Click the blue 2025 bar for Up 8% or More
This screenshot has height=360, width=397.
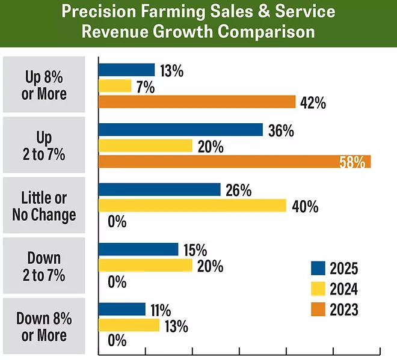tap(126, 70)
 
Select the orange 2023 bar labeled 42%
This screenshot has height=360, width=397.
tap(197, 102)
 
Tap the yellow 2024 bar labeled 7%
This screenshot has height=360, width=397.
tap(114, 86)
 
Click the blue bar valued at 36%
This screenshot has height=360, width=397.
tap(180, 130)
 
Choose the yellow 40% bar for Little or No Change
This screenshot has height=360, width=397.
tap(192, 206)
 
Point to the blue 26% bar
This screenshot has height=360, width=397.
tap(159, 190)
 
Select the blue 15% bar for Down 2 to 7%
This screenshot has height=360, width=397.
tap(138, 249)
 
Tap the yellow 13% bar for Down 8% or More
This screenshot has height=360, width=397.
tap(129, 325)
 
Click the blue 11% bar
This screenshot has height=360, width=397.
tap(122, 310)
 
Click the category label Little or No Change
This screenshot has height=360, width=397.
tap(44, 206)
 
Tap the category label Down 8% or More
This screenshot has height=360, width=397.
tap(44, 326)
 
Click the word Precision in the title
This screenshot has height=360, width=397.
tap(111, 12)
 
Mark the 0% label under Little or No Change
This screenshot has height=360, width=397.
tap(117, 222)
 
